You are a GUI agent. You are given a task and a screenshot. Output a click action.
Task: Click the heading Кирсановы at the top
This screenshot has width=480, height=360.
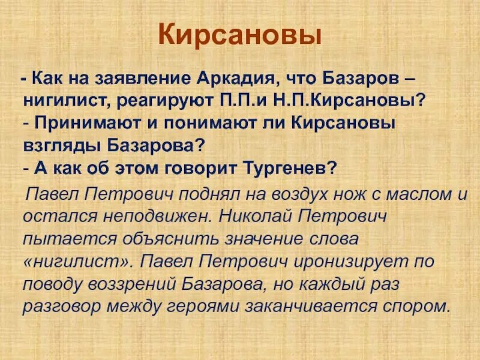coord(240,37)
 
